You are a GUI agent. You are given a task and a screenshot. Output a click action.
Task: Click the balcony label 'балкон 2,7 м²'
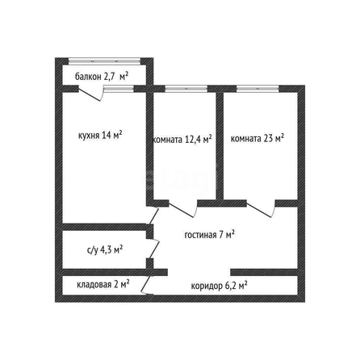(x=102, y=77)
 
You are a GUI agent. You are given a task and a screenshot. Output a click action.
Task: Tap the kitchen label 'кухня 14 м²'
(x=100, y=135)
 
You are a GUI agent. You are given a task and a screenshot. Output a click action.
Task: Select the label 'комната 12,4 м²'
(x=182, y=139)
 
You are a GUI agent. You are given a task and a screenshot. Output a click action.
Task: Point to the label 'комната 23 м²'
(x=257, y=138)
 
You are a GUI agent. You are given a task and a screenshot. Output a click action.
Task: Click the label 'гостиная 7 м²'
(x=209, y=235)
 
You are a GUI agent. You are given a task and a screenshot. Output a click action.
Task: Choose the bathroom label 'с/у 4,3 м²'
(x=105, y=250)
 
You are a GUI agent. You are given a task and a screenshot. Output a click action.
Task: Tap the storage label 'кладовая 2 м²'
(x=103, y=284)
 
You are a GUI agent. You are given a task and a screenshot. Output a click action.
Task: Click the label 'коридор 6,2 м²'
(x=220, y=286)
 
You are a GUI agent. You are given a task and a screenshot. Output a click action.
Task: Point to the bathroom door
(x=153, y=249)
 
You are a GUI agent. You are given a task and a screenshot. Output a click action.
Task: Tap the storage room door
(x=147, y=284)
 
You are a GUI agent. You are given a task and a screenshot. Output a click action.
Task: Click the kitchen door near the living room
(x=153, y=216)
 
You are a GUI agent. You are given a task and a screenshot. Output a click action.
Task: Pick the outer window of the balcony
(x=104, y=61)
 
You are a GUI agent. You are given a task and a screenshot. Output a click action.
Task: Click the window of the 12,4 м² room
(x=186, y=89)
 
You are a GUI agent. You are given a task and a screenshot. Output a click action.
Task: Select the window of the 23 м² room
(x=257, y=89)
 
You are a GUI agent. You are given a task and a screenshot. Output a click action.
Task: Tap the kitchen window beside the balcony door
(x=119, y=89)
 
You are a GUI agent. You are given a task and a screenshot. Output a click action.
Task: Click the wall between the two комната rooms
(x=220, y=146)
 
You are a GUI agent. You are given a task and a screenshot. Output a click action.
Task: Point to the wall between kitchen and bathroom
(x=105, y=227)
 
